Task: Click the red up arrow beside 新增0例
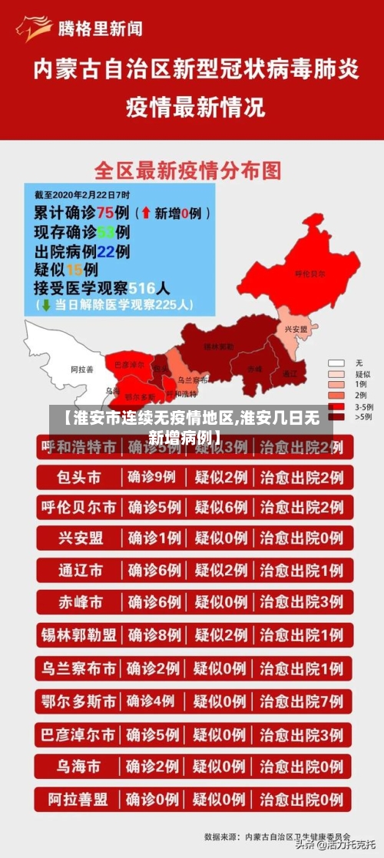[x=147, y=212]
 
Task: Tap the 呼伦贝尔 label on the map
[x=310, y=273]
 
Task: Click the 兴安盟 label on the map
[x=296, y=329]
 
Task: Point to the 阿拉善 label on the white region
[x=81, y=369]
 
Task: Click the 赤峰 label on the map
[x=254, y=369]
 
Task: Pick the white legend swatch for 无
[x=336, y=362]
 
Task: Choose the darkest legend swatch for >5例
[x=336, y=416]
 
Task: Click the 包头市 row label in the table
[x=79, y=477]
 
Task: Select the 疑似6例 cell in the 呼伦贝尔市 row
[x=220, y=507]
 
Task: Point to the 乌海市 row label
[x=79, y=767]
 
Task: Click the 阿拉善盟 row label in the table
[x=79, y=800]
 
